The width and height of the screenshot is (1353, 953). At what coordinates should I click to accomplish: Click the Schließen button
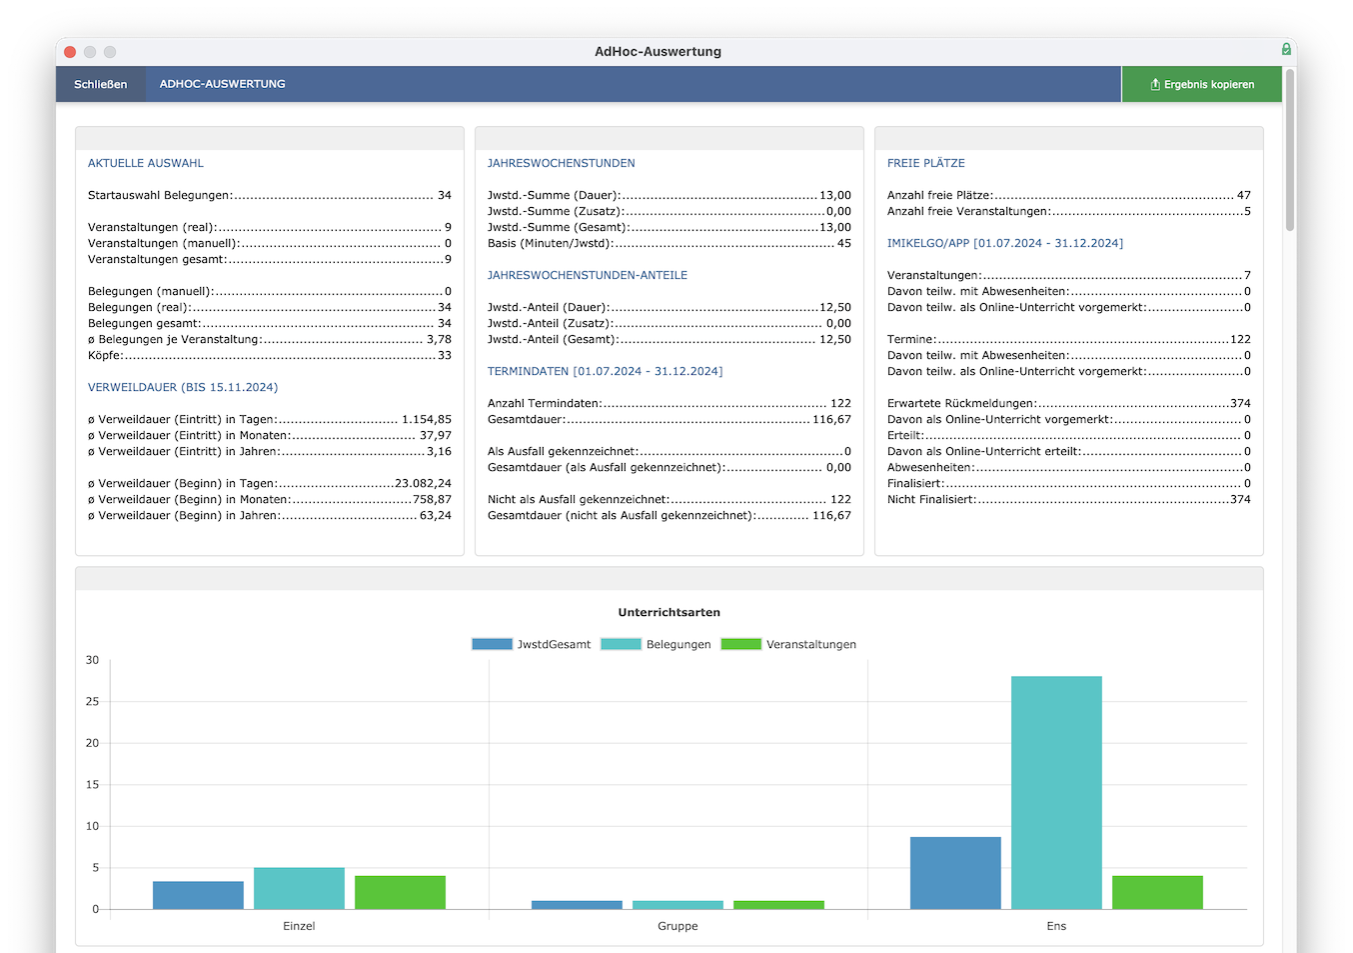tap(100, 84)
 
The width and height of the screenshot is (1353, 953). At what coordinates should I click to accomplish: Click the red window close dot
tap(70, 52)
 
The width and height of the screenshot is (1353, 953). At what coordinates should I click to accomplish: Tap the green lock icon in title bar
tap(1286, 49)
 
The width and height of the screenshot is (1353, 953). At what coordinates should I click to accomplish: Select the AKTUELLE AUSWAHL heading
tap(146, 163)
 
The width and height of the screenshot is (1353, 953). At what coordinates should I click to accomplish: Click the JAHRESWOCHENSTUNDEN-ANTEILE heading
tap(588, 275)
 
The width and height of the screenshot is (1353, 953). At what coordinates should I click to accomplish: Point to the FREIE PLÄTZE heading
tap(926, 163)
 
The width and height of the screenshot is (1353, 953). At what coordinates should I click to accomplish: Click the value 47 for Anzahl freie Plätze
tap(1244, 195)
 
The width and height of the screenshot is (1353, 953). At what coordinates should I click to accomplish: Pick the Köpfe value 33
tap(445, 355)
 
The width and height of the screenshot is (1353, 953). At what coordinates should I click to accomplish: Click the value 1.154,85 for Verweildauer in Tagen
tap(427, 419)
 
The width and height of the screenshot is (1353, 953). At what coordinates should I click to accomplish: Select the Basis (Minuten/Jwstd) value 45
tap(843, 244)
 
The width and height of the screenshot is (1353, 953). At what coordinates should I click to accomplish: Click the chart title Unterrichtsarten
tap(669, 612)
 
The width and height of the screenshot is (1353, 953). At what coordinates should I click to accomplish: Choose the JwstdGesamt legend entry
tap(531, 644)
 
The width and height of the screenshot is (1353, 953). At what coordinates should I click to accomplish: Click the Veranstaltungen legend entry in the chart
tap(788, 644)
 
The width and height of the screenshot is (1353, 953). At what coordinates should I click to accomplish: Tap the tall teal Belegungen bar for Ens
tap(1056, 792)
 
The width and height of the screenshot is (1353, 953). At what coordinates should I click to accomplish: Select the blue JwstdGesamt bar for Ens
tap(955, 873)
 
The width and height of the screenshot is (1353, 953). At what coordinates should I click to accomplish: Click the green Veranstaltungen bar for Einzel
tap(400, 892)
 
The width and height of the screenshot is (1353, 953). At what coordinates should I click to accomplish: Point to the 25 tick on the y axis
tap(92, 702)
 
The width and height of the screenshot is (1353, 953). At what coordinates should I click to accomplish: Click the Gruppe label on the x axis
tap(677, 926)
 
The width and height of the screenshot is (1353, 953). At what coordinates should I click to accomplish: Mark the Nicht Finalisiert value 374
tap(1240, 500)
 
